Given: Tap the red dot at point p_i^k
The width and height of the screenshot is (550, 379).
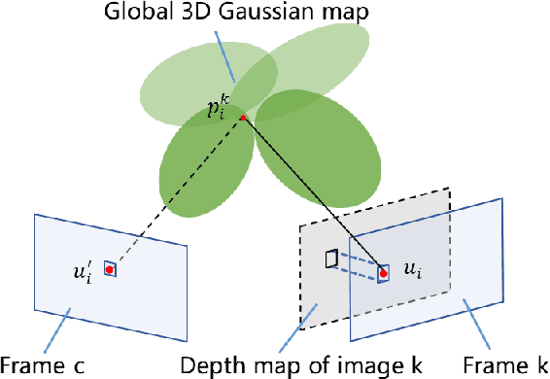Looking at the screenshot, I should click(243, 119).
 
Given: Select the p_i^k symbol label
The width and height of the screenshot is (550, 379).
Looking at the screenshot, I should click(217, 107).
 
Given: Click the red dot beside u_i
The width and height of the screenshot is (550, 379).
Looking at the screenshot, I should click(384, 273).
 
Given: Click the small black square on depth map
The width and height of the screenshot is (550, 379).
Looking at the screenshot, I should click(331, 258).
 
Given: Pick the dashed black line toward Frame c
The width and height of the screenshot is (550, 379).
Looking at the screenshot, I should click(175, 194).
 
